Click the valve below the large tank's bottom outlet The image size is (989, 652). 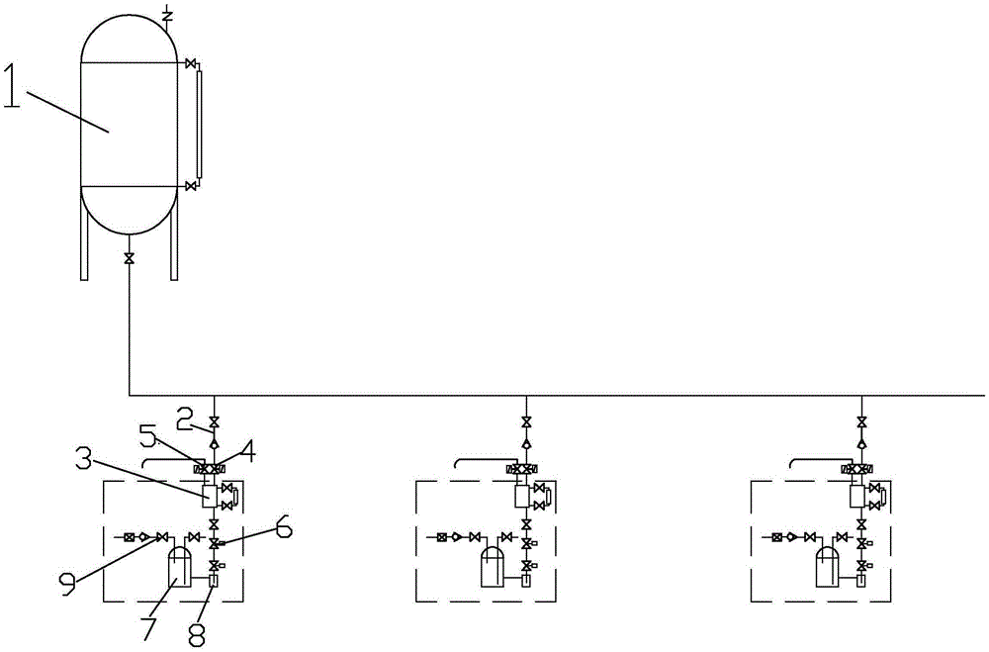pyautogui.click(x=130, y=259)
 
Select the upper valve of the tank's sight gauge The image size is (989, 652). pyautogui.click(x=188, y=64)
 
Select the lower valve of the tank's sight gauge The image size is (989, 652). pyautogui.click(x=188, y=185)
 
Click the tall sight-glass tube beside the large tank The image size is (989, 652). pyautogui.click(x=199, y=124)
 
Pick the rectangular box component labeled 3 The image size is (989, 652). pyautogui.click(x=210, y=496)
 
